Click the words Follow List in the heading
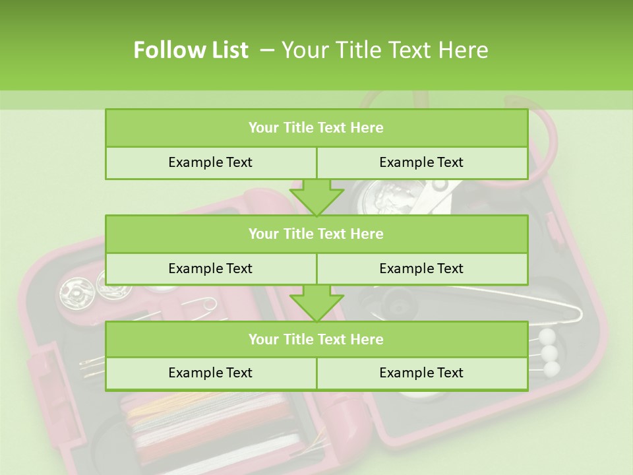[191, 50]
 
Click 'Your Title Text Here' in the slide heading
[384, 50]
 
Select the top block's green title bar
[316, 128]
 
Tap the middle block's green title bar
[316, 234]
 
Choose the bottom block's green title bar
[316, 339]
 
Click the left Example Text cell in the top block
[210, 162]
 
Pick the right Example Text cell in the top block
[421, 162]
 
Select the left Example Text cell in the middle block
[210, 269]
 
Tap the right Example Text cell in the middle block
[421, 269]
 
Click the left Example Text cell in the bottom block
[210, 373]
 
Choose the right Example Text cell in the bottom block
[421, 373]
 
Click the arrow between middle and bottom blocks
[316, 303]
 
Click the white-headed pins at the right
[548, 352]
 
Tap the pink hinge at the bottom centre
[346, 422]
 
